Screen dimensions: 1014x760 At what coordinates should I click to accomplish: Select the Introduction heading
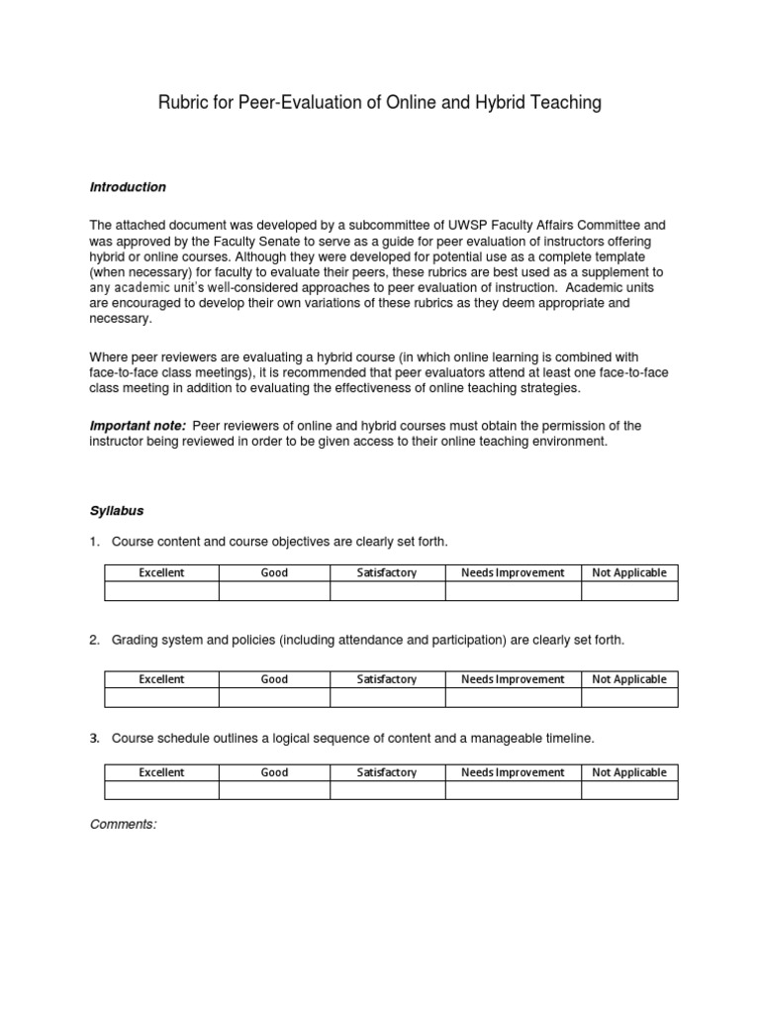tap(128, 187)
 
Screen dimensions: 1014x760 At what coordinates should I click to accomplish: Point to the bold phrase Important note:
tap(138, 426)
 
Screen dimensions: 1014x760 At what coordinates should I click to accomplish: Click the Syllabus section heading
tap(117, 511)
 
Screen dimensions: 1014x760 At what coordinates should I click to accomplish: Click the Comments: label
tap(123, 824)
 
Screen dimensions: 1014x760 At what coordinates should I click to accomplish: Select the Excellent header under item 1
tap(161, 572)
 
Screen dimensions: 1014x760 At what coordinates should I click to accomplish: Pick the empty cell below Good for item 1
tap(274, 591)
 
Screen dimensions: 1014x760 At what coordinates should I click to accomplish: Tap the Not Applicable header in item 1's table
tap(628, 572)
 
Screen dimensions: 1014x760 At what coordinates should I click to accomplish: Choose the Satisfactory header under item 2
tap(387, 679)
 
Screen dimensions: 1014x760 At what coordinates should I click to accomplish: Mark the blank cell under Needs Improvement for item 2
tap(513, 698)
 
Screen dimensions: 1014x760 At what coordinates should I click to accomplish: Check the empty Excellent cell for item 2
tap(161, 698)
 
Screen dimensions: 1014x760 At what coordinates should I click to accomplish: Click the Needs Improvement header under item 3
tap(513, 772)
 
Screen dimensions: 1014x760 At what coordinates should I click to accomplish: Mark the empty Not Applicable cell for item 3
tap(628, 790)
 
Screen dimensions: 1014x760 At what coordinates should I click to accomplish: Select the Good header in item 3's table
tap(274, 772)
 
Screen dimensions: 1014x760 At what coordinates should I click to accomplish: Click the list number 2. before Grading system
tap(95, 641)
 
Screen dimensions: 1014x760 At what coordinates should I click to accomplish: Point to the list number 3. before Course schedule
tap(95, 738)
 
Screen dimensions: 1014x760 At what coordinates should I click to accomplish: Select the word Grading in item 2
tap(136, 641)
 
